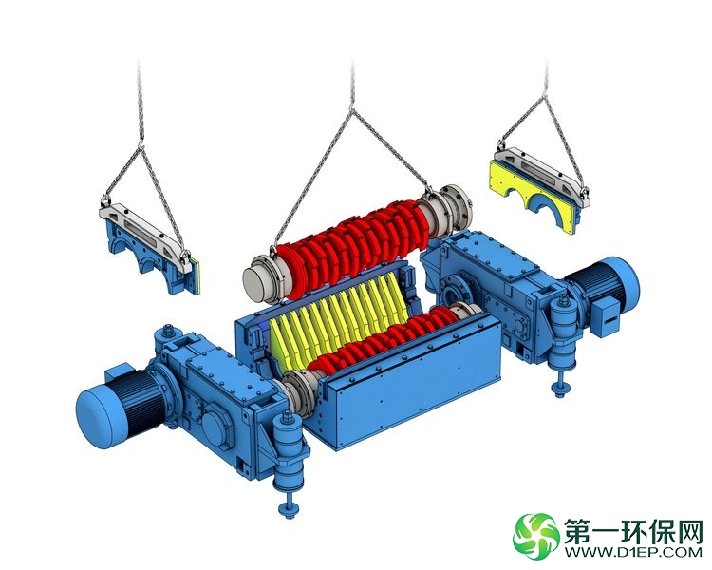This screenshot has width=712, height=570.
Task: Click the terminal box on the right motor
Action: (x=605, y=317)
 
